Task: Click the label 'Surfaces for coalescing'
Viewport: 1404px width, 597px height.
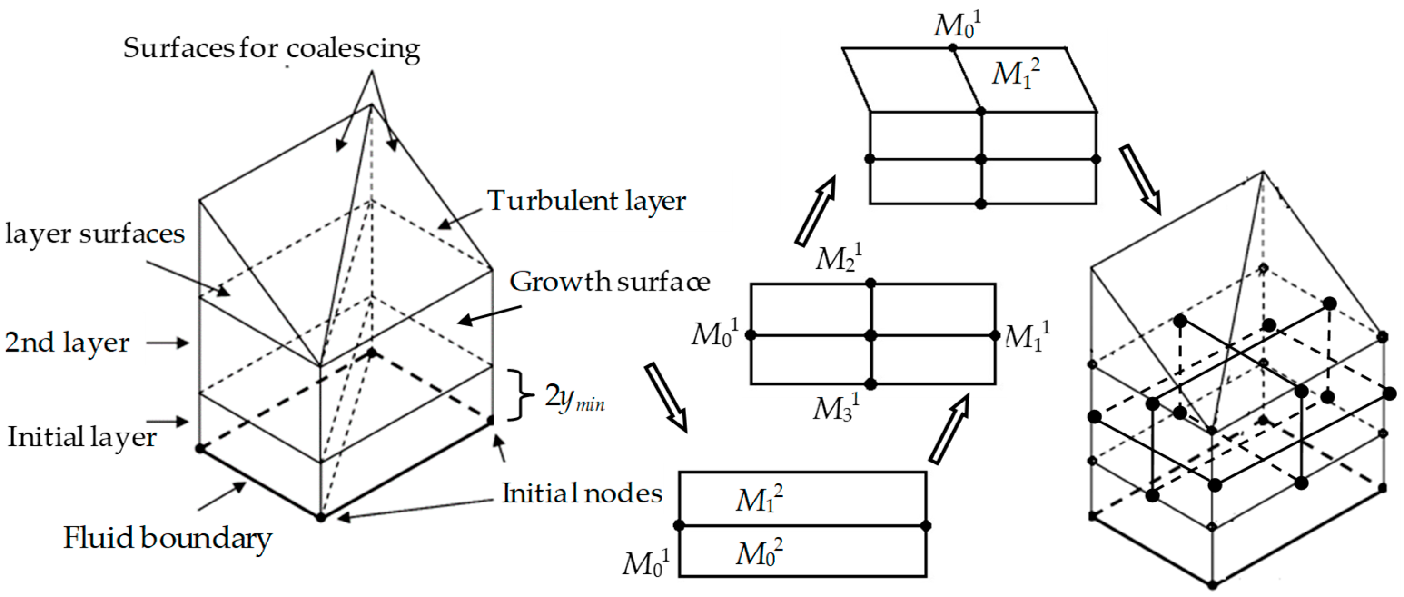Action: [272, 49]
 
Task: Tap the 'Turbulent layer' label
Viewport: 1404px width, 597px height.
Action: [586, 201]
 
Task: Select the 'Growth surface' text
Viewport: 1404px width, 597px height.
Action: [609, 282]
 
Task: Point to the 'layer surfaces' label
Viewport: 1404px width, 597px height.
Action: [95, 234]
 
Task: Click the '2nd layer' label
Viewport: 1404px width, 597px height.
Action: [67, 343]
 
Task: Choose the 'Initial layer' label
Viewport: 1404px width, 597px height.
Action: [82, 437]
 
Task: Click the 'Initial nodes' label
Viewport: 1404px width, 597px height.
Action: [582, 493]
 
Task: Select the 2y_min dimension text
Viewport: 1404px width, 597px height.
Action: [574, 398]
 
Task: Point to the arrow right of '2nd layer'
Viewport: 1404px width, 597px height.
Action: [167, 343]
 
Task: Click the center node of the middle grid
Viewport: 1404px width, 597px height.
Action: [870, 335]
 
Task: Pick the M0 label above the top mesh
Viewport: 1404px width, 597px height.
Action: [957, 25]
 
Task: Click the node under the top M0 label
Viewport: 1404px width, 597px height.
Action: [952, 48]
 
